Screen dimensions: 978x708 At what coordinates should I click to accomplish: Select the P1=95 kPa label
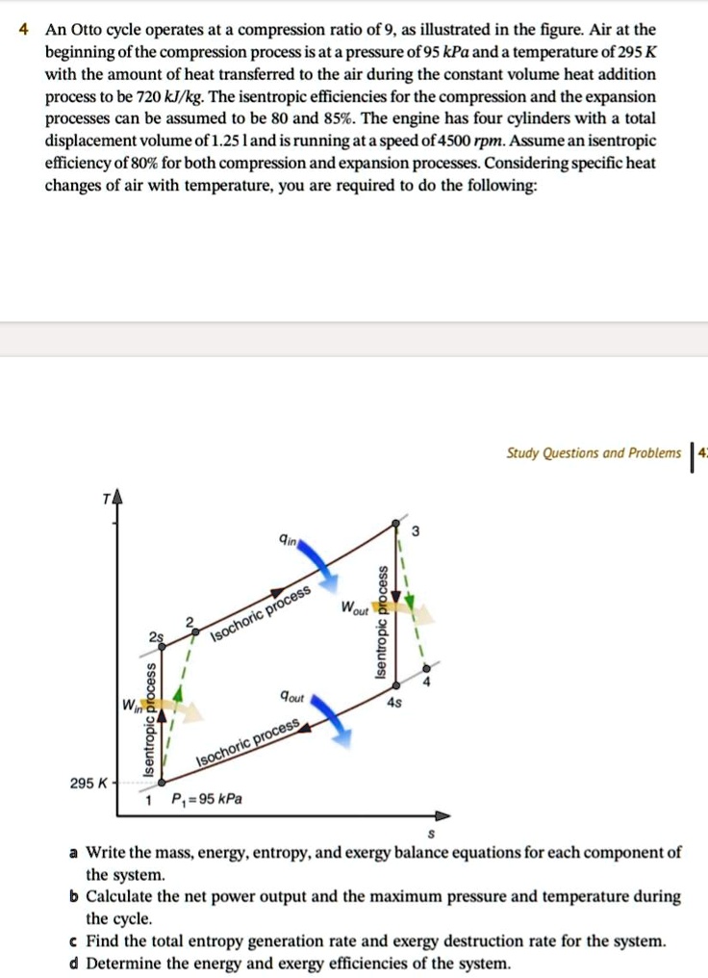[x=207, y=800]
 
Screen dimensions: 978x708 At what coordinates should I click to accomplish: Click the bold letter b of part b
[x=73, y=897]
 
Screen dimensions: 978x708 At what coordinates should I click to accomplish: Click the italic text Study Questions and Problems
[x=594, y=453]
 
